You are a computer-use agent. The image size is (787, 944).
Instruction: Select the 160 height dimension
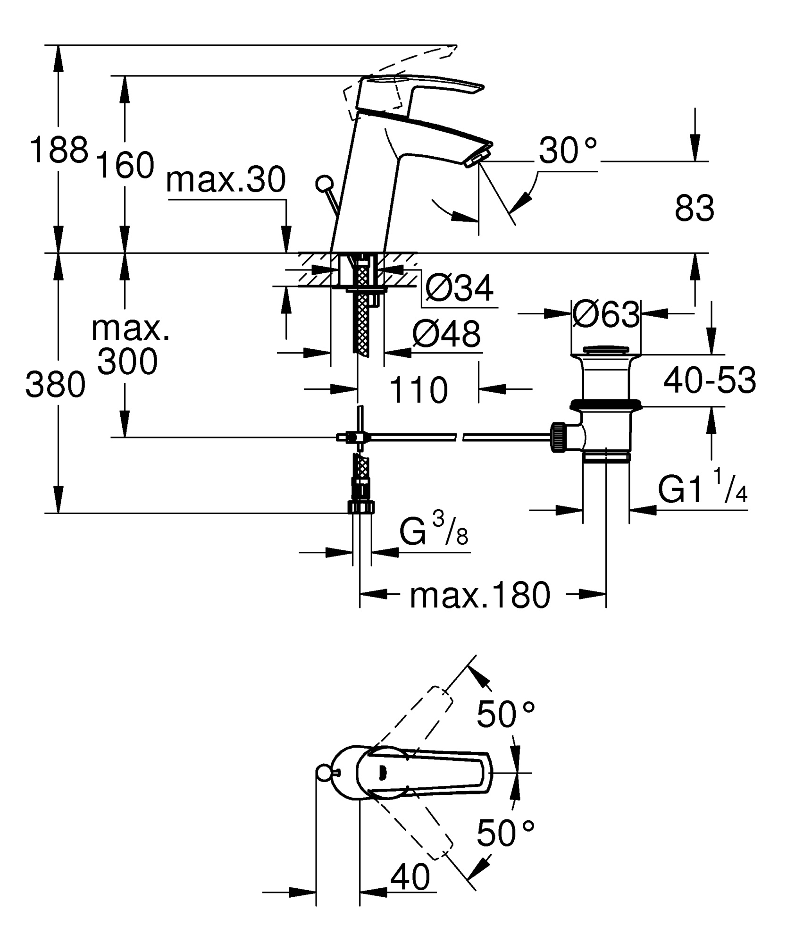click(x=125, y=165)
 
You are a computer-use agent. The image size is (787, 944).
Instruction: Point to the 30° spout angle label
click(x=568, y=151)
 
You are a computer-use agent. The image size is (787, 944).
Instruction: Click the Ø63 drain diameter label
click(x=605, y=314)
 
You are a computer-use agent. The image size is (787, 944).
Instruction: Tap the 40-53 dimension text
click(x=709, y=380)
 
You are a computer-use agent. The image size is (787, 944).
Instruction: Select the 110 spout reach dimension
click(x=419, y=390)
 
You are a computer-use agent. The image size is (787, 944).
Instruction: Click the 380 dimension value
click(x=55, y=384)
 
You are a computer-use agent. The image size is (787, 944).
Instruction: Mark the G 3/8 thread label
click(x=433, y=532)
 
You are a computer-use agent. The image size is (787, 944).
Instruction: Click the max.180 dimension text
click(x=480, y=595)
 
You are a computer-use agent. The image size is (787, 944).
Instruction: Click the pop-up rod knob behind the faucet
click(x=325, y=182)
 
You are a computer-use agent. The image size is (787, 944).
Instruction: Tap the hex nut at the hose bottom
click(x=361, y=507)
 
